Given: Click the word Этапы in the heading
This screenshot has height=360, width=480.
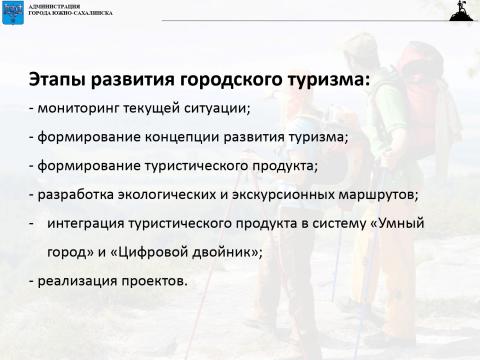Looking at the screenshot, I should point(54,81).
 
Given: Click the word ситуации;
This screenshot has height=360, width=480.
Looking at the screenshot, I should point(215,108).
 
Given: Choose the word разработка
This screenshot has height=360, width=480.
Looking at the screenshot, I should point(75,194).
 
